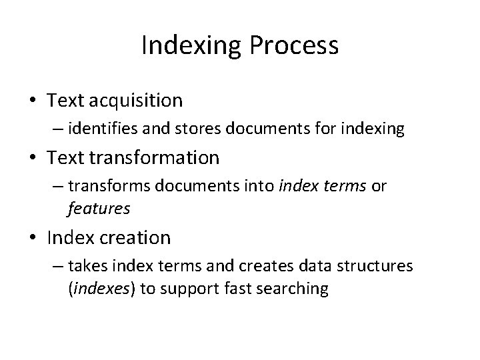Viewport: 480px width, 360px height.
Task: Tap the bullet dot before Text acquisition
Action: pyautogui.click(x=33, y=101)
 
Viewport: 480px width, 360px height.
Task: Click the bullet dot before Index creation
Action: pyautogui.click(x=33, y=238)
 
